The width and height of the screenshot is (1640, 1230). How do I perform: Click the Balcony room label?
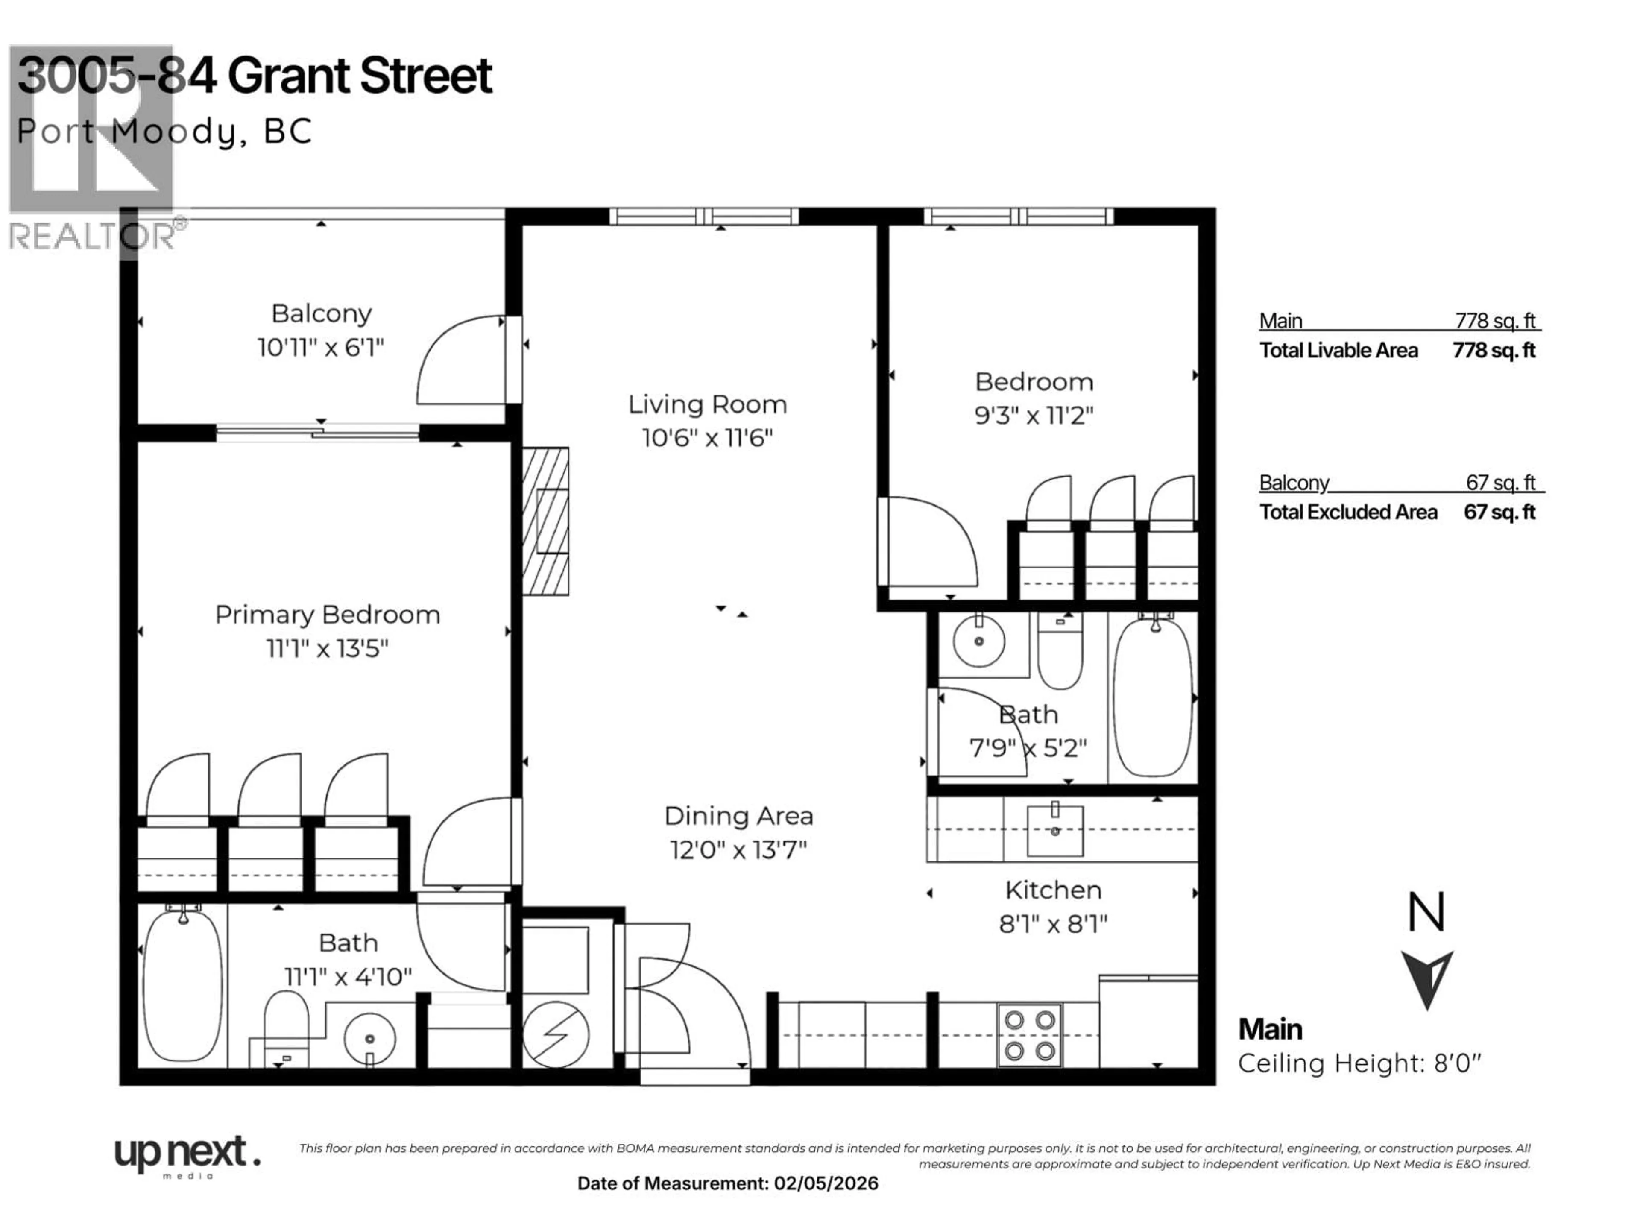click(x=321, y=313)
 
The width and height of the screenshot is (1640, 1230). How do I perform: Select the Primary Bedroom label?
click(x=327, y=615)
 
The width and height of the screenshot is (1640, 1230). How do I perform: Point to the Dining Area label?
click(x=738, y=816)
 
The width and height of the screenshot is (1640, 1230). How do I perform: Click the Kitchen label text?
click(x=1053, y=890)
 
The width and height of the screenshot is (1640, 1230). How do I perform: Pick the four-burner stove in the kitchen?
click(x=1030, y=1035)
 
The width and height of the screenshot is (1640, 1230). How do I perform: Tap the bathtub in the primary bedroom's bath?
click(x=182, y=986)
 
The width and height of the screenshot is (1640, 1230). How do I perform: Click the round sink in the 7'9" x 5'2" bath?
click(x=979, y=641)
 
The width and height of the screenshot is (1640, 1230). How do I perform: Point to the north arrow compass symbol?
click(x=1426, y=979)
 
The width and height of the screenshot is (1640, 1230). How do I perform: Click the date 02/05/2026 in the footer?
click(x=826, y=1183)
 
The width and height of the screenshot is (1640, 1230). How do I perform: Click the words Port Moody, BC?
click(x=164, y=132)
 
